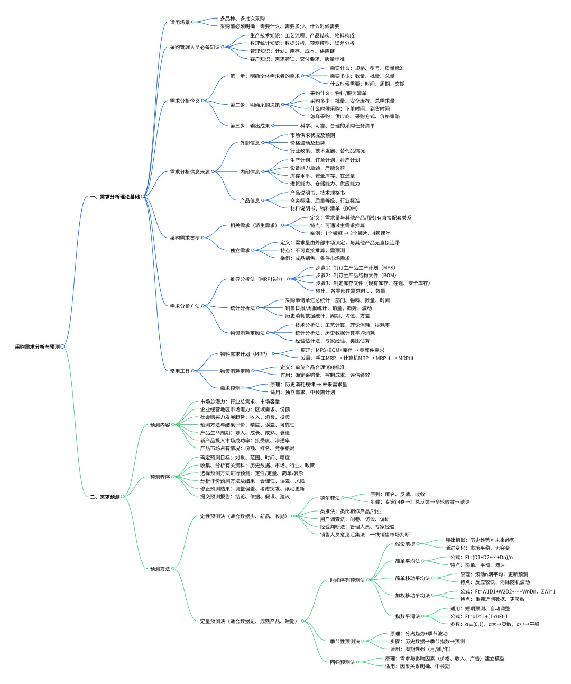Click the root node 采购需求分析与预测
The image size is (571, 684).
tap(38, 346)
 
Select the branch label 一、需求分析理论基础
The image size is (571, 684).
tap(115, 197)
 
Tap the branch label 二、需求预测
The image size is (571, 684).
tap(105, 497)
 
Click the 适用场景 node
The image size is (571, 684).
tap(180, 22)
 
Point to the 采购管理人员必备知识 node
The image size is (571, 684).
tap(195, 47)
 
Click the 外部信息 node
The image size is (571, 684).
tap(250, 143)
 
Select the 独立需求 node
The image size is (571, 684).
tap(240, 250)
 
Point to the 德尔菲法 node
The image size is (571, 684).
tap(330, 498)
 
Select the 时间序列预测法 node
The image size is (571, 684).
tap(347, 580)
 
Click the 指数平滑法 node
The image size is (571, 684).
tap(407, 616)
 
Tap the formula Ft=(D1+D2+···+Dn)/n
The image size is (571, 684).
tap(489, 557)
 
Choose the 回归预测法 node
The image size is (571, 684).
tap(343, 662)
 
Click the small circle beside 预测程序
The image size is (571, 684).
tap(172, 477)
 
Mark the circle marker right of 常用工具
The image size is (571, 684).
tap(192, 371)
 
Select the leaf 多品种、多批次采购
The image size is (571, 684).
tap(242, 19)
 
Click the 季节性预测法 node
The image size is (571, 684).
tap(345, 641)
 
